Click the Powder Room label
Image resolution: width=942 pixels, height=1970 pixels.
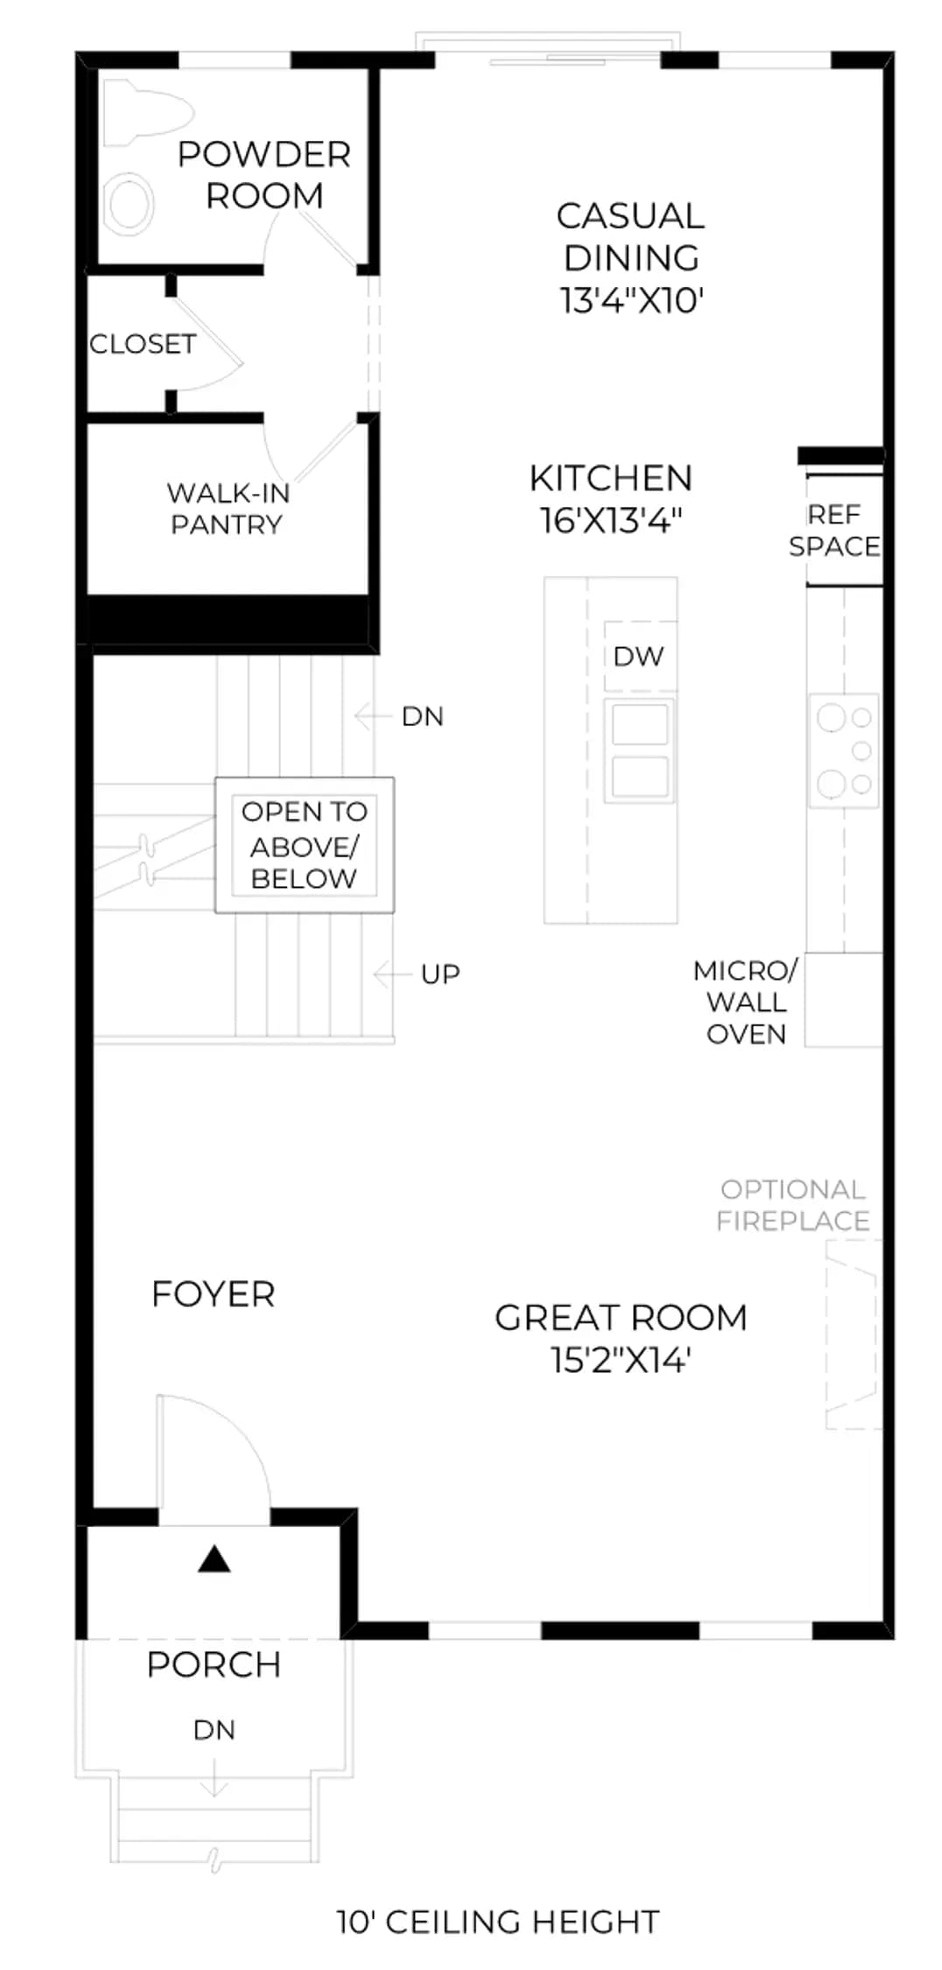pos(264,175)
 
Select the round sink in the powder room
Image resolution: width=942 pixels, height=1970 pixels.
pos(130,203)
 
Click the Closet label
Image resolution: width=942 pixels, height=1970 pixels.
pos(143,344)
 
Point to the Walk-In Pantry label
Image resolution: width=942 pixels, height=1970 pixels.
pos(228,509)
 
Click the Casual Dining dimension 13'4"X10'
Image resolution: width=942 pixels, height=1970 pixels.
pos(632,300)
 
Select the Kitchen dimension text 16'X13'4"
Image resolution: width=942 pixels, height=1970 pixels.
pos(610,520)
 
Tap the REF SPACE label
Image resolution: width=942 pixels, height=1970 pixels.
pos(834,530)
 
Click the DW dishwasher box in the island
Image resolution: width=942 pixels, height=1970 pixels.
pos(640,657)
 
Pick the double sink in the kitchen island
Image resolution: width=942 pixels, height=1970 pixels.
pos(640,750)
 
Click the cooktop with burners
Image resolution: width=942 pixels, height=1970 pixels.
pos(844,750)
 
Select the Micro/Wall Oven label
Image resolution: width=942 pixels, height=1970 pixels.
pos(746,1002)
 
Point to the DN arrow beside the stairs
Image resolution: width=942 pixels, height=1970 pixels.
pos(372,716)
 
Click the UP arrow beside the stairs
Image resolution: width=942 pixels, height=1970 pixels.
pos(392,974)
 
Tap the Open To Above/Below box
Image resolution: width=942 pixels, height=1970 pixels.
pos(305,845)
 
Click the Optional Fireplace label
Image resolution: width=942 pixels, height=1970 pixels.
pos(793,1205)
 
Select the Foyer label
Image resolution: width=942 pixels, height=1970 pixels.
pos(213,1293)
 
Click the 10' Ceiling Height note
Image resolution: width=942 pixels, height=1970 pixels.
pos(498,1921)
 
